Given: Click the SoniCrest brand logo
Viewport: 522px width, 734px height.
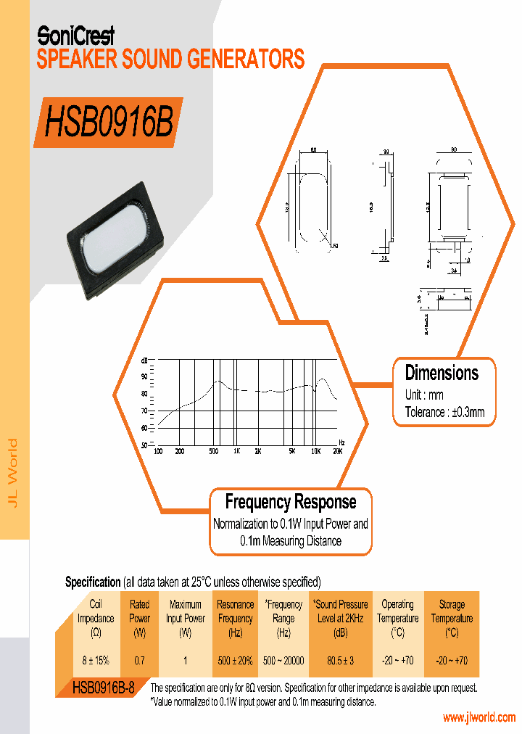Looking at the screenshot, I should tap(75, 34).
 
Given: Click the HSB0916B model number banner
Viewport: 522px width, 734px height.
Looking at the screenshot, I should tap(109, 123).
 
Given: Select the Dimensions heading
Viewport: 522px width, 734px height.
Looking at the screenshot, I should tap(442, 374).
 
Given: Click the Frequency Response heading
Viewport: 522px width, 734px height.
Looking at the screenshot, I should tap(290, 502).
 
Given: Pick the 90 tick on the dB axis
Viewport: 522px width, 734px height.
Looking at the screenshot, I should tap(144, 376).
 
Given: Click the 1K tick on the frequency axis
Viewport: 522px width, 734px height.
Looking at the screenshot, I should tap(236, 451).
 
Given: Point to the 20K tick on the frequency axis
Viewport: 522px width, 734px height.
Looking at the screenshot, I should tap(337, 451).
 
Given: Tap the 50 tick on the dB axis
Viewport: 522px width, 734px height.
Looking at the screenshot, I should tap(144, 445).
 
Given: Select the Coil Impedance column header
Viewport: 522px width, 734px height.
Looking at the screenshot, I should tap(96, 618).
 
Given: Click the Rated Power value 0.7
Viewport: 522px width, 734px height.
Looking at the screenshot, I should tap(139, 661).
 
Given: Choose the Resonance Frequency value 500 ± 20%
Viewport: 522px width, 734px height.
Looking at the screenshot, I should tap(236, 661).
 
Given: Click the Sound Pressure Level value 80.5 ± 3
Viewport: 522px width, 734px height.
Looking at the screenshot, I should tap(340, 661).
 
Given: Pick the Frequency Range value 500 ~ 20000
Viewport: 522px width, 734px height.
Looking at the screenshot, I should tap(283, 661).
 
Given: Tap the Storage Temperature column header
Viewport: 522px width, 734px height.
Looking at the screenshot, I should tap(452, 618).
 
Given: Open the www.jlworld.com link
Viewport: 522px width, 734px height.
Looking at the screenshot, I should tap(478, 718).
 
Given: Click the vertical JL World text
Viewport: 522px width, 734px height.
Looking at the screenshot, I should tap(12, 474).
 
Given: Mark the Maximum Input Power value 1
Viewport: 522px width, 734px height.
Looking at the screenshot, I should tap(186, 661).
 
